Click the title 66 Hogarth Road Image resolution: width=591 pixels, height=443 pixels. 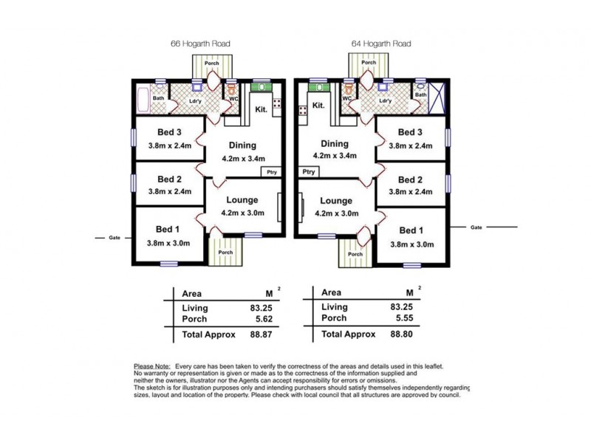pos(200,44)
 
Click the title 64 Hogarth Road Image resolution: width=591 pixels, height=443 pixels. pos(380,44)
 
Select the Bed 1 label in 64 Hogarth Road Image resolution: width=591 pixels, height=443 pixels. pos(411,230)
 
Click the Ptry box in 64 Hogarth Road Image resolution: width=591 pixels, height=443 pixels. pos(308,171)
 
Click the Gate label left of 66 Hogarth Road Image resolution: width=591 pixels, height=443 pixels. pos(115,238)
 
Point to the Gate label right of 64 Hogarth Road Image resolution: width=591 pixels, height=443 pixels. pos(476,227)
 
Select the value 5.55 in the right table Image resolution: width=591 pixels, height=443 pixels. pos(408,318)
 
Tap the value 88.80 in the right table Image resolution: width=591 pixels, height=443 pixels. pos(408,334)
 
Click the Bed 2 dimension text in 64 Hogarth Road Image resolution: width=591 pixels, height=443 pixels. pos(411,192)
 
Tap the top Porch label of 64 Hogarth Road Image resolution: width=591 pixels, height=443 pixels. pos(369,63)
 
